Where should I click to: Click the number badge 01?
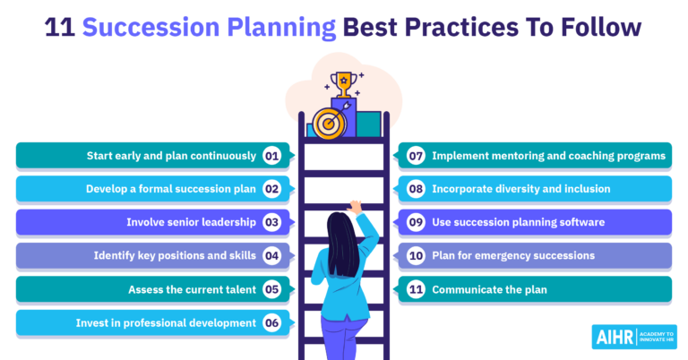(x=272, y=156)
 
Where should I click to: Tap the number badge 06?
(x=272, y=322)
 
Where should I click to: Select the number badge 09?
(x=416, y=222)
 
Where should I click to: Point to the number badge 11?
(x=416, y=289)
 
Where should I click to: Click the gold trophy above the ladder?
(x=342, y=83)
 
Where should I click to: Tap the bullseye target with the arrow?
(x=329, y=123)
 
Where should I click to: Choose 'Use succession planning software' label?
(x=518, y=222)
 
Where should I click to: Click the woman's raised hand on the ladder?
(x=357, y=206)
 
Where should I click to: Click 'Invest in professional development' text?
(x=170, y=322)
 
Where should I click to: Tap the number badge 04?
(x=272, y=255)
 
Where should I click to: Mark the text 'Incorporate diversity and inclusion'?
(x=521, y=189)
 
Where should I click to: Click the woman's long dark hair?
(x=339, y=246)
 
